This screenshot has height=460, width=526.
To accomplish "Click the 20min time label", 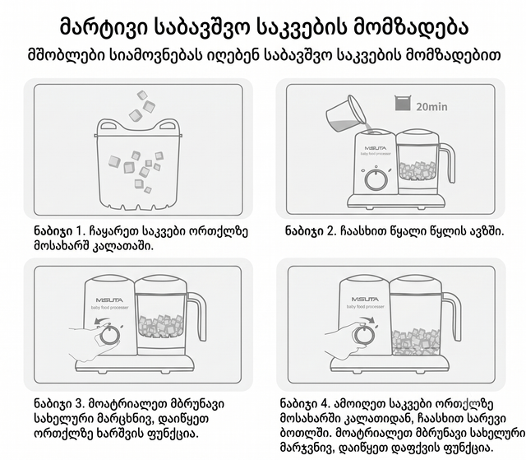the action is (431, 107).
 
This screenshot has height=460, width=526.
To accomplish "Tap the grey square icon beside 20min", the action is (403, 103).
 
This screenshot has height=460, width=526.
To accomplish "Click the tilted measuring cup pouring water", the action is (345, 114).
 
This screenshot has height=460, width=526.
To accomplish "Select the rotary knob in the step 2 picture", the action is (376, 179).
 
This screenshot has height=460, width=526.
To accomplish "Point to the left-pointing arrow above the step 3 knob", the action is (102, 322).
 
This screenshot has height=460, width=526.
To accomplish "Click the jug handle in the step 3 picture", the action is (199, 316).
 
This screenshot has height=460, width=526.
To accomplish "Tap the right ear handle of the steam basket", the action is (167, 126).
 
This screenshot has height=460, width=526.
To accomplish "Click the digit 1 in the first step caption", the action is (79, 231).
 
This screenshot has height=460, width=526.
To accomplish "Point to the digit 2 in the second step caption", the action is (330, 231).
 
